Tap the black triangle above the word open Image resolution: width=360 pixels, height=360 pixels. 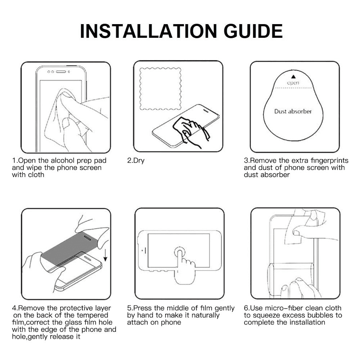point(293,77)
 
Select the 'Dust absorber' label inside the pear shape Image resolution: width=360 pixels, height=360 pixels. point(293,111)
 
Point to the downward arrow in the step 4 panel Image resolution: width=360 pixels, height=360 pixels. point(105,255)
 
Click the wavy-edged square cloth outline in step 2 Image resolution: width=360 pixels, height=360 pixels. point(160,89)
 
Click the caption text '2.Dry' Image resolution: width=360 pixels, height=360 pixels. point(136,161)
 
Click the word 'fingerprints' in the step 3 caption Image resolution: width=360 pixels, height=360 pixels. point(329,161)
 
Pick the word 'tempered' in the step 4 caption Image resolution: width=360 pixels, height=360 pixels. point(92,315)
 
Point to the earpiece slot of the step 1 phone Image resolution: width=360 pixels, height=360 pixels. point(61,72)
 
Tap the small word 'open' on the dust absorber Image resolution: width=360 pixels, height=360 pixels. point(293,83)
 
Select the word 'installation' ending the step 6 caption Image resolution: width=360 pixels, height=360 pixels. point(308,322)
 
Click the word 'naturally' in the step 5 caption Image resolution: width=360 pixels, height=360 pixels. point(205,315)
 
